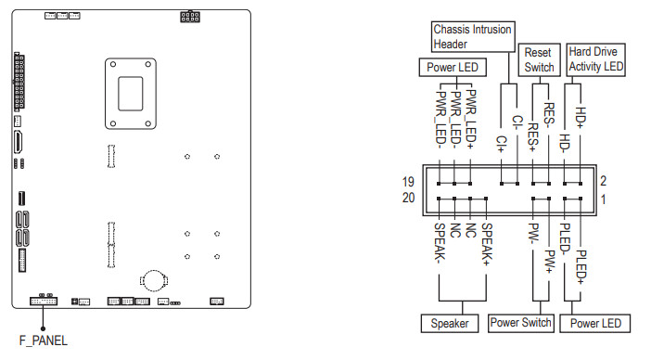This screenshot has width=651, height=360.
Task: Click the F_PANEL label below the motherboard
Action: (44, 341)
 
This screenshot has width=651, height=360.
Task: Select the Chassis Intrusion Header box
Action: (473, 36)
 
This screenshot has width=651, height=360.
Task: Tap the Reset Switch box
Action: (539, 59)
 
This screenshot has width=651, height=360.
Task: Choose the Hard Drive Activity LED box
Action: (595, 59)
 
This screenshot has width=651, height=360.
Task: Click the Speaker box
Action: (450, 324)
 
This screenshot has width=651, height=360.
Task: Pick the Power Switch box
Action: (520, 323)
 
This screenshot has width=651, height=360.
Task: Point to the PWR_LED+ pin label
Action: (471, 119)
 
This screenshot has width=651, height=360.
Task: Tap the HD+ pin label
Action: (580, 117)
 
